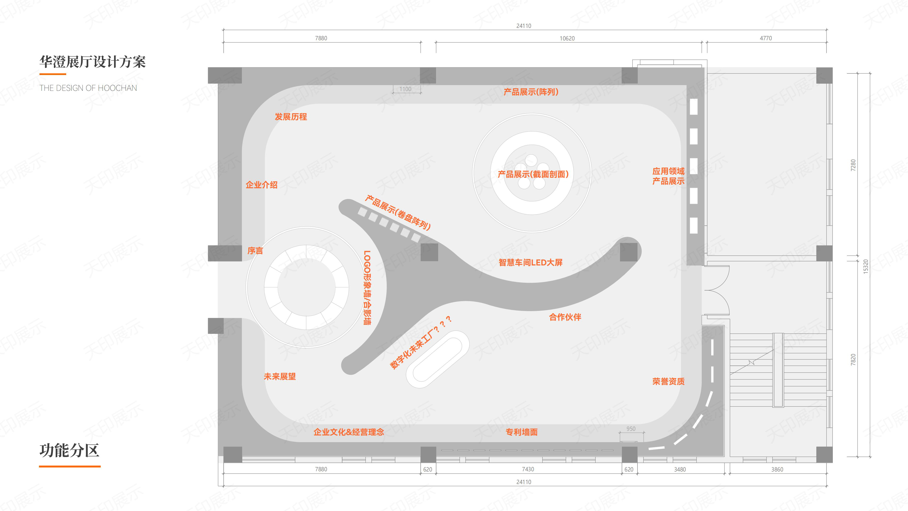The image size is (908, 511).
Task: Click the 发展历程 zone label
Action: pos(291,117)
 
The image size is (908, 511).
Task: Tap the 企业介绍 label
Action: pos(262,185)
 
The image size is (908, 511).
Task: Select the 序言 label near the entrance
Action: pos(255,251)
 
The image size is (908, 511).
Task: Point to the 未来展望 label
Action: pos(280,377)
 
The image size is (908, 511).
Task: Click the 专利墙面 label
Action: pos(522,432)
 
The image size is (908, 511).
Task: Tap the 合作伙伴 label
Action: pos(565,317)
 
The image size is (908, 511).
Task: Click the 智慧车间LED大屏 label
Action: pos(530,262)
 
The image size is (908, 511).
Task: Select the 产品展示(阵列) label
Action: pos(531,92)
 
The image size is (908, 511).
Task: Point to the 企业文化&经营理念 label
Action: pos(349,432)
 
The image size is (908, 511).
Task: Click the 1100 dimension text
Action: pos(405,89)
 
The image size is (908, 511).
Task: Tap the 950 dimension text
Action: pos(631,429)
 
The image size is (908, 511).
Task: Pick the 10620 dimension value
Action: pos(567,38)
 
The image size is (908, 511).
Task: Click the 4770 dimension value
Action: pos(766,38)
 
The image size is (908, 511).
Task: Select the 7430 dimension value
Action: pos(528,469)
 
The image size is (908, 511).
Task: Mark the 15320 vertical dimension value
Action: pos(866,267)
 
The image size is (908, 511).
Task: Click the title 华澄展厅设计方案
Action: pos(92,62)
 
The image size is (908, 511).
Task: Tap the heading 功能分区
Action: pos(70,450)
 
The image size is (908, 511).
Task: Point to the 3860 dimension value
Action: pos(777,469)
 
